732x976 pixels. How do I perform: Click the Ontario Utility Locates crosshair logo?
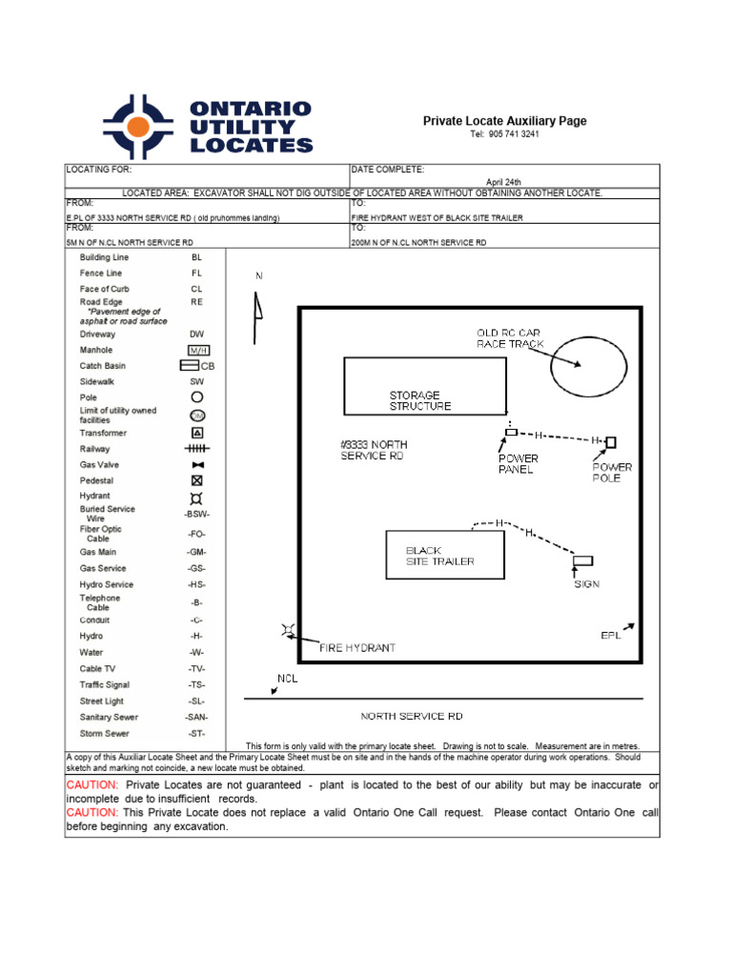click(x=138, y=127)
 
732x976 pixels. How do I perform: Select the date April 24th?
click(x=503, y=181)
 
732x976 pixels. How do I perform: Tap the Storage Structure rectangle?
click(x=423, y=385)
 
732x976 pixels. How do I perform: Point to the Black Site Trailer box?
click(x=443, y=556)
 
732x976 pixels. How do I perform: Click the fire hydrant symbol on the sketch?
click(x=288, y=629)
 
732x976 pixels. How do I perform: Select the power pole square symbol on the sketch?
click(x=611, y=441)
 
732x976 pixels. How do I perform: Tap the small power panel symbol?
click(x=511, y=433)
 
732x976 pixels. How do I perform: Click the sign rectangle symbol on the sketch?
click(x=583, y=560)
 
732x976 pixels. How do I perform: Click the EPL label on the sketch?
click(x=611, y=635)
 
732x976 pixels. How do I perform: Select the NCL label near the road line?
click(x=287, y=680)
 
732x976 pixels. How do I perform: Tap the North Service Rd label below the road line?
click(x=412, y=716)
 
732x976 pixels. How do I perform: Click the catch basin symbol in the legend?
click(x=190, y=365)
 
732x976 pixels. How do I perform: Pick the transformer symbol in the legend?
click(x=197, y=432)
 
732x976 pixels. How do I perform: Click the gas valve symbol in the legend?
click(x=197, y=464)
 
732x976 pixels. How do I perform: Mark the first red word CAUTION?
click(x=91, y=785)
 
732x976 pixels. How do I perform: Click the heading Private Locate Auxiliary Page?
click(x=504, y=121)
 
